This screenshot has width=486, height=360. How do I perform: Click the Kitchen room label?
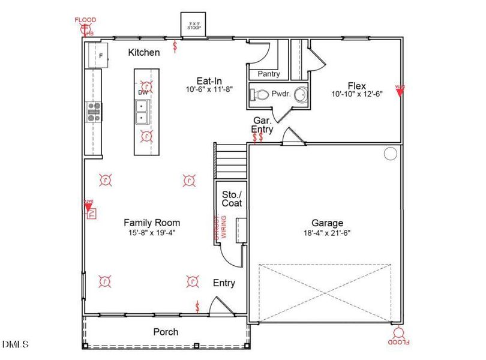pos(144,52)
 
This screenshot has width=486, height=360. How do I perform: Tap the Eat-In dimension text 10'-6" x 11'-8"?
pos(209,89)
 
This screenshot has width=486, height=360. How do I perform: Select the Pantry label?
pos(268,74)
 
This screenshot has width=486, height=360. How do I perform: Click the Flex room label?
pos(356,86)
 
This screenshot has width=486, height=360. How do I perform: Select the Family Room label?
pos(152,222)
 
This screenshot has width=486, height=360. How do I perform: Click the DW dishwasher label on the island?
pos(143,92)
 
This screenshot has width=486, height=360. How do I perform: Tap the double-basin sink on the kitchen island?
pos(143,112)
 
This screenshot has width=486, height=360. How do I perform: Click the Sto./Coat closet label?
pos(232,199)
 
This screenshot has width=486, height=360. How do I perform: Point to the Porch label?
pos(166,332)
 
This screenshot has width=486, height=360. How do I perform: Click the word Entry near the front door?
pos(224,283)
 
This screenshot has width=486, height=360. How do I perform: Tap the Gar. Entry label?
pos(263,125)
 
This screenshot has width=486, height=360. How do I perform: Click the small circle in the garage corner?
pos(391,154)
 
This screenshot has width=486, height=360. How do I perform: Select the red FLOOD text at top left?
pos(85,20)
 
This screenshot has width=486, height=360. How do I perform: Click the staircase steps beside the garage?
pos(231,160)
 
